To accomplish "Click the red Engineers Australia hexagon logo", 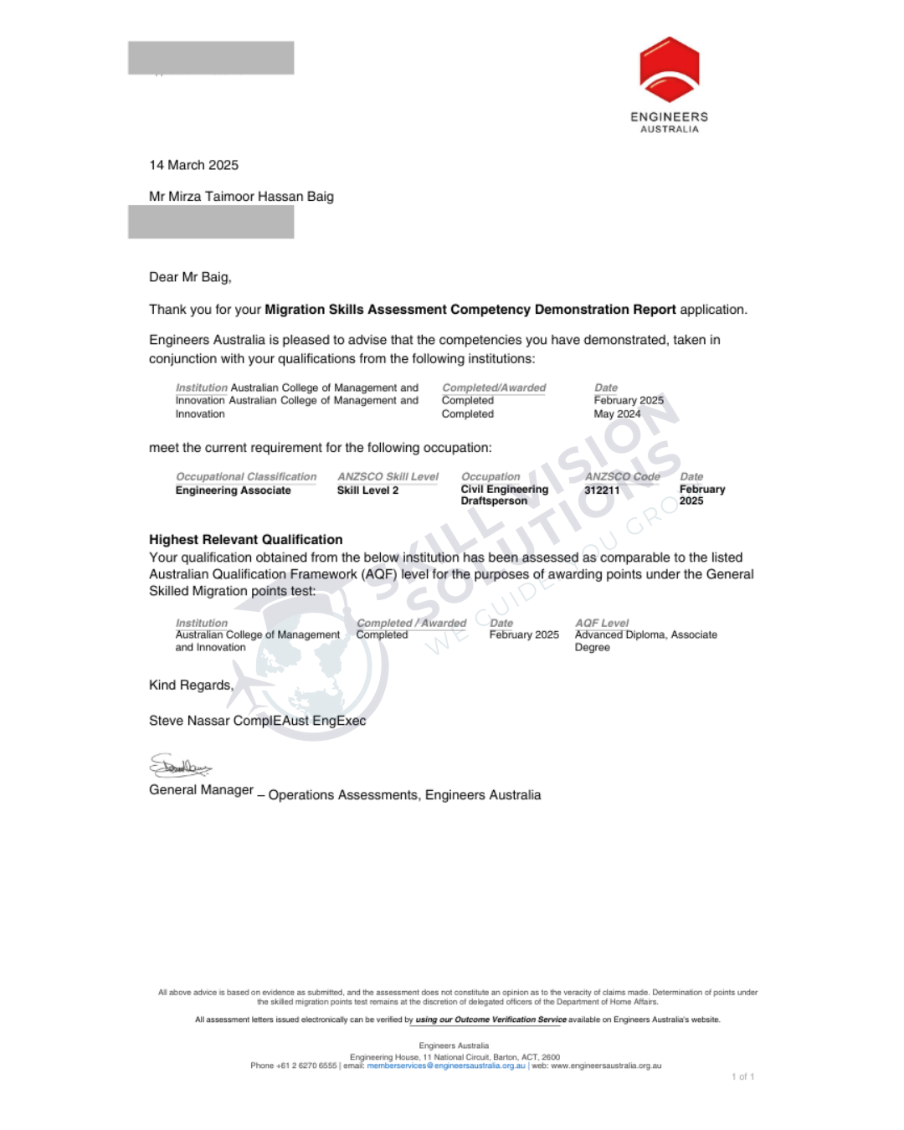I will tap(669, 69).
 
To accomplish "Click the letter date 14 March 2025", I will tap(193, 165).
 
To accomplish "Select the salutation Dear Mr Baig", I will tap(190, 277).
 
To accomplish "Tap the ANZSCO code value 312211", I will tap(602, 491).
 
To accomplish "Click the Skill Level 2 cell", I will tap(367, 491).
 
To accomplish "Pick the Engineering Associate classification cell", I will tap(233, 491).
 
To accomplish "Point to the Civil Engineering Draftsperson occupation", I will tap(504, 495).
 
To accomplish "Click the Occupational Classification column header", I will tap(246, 476).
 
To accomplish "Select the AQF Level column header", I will tap(602, 623).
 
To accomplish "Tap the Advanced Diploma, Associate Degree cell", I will tap(645, 640).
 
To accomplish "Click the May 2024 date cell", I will tap(617, 413).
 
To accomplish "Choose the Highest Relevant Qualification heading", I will tap(245, 540).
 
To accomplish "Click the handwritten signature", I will tap(180, 765).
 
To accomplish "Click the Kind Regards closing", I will tap(191, 685).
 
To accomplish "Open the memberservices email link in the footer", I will tap(445, 1066).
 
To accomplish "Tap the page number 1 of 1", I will tap(742, 1076).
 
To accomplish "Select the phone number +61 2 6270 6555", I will tap(306, 1066).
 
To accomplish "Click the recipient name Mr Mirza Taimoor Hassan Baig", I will tap(241, 197).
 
